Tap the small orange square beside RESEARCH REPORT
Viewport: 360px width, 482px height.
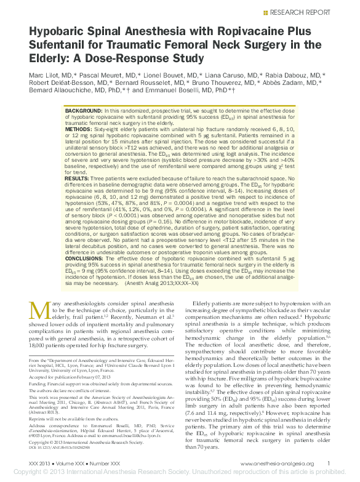tap(265, 11)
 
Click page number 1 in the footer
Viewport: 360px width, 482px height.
tap(329, 464)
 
